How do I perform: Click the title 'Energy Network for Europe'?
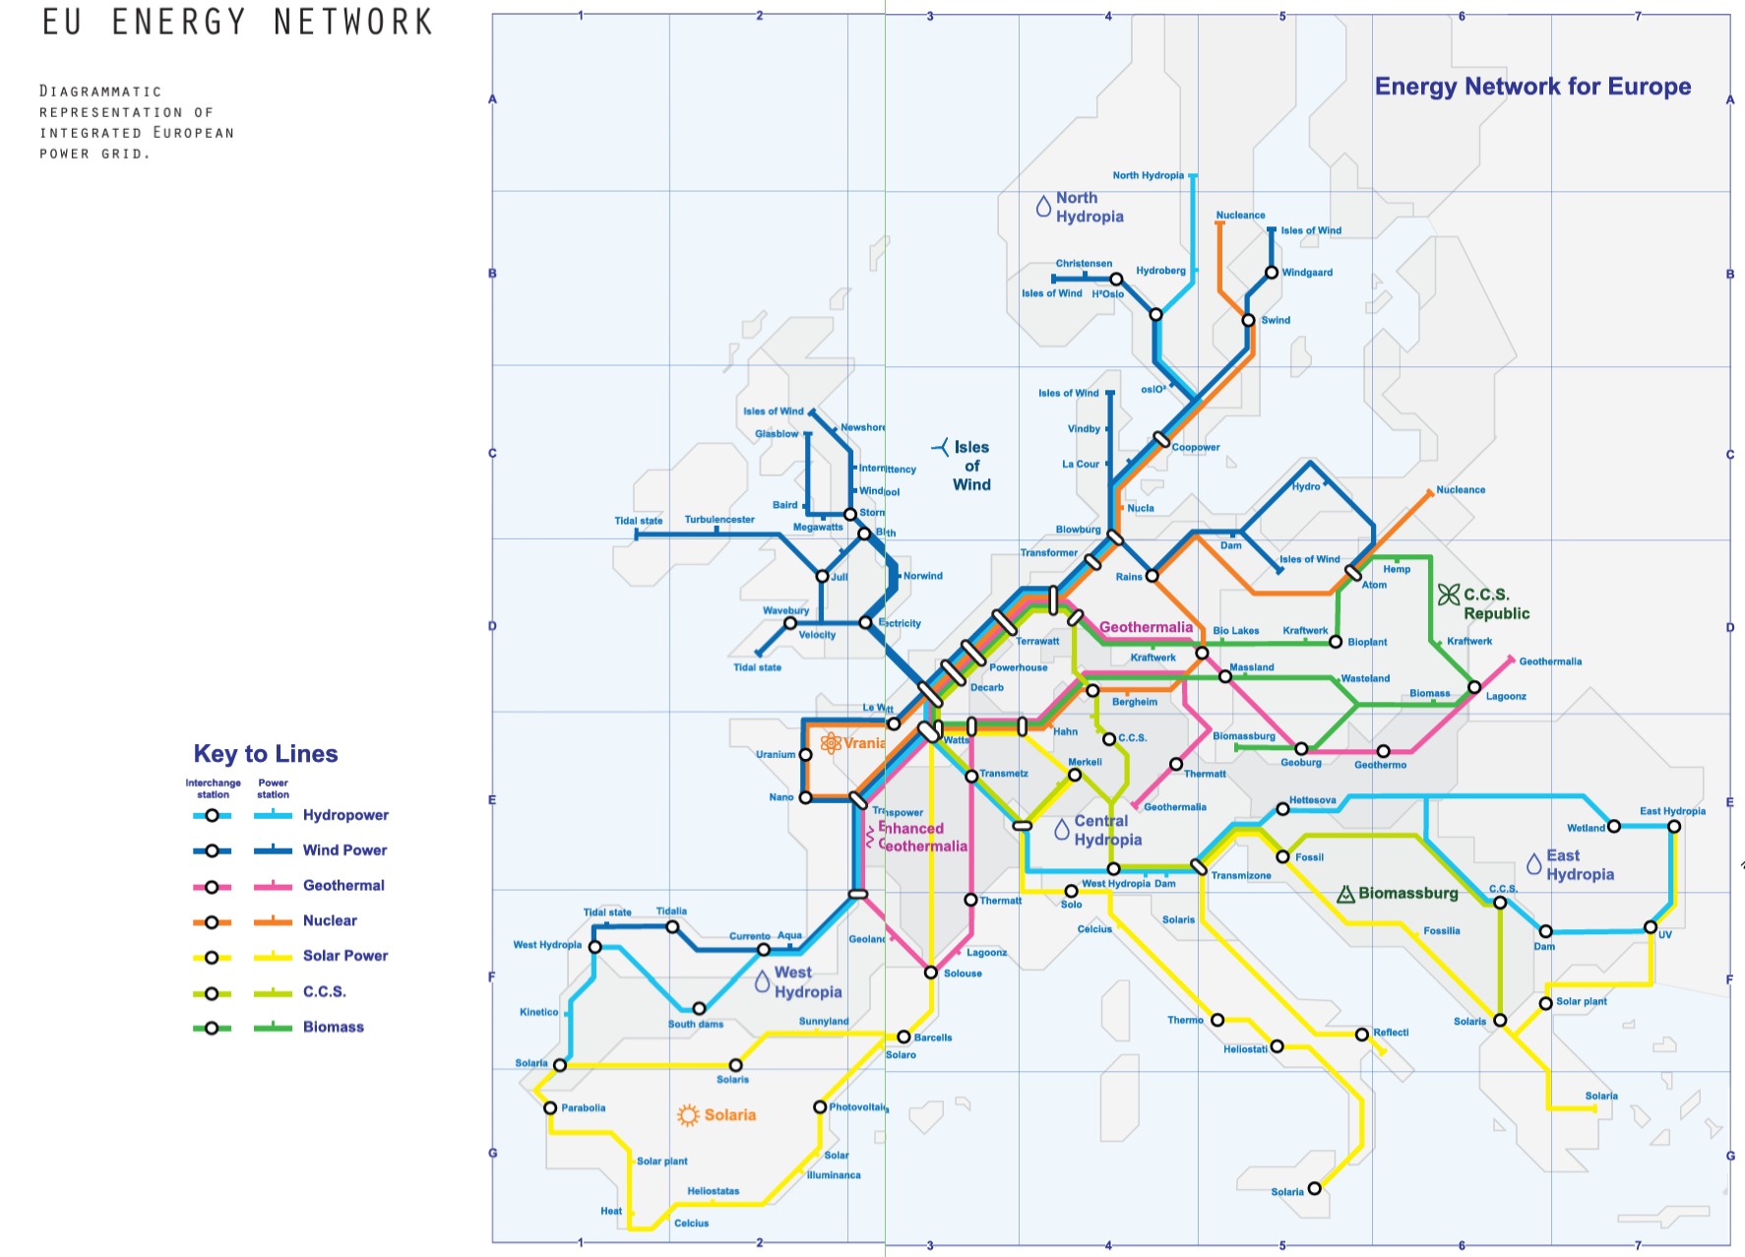pos(1531,87)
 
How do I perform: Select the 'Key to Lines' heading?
pos(266,754)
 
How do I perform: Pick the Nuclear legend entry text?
pos(330,920)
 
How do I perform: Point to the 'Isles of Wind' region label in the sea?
pos(971,466)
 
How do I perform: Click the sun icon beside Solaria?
pos(688,1115)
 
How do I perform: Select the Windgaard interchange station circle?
pos(1272,273)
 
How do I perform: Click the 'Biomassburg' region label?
pos(1407,893)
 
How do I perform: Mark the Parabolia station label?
pos(583,1108)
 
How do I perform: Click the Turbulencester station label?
pos(719,520)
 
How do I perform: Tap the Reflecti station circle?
pos(1361,1035)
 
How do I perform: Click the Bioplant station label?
pos(1367,642)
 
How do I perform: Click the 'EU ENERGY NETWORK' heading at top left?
pos(237,22)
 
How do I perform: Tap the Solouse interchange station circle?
pos(931,973)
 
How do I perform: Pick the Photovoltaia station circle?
pos(820,1107)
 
